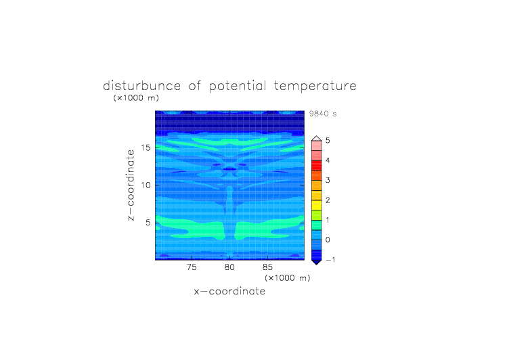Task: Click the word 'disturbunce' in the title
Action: click(141, 86)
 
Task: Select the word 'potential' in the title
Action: click(238, 87)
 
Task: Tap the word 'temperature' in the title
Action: click(315, 87)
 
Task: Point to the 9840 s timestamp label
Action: click(323, 114)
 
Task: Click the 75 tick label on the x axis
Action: click(192, 267)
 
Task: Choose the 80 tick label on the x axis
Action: click(229, 267)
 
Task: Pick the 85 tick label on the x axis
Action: click(267, 267)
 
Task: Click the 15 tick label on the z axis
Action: click(146, 148)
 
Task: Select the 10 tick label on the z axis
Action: click(146, 185)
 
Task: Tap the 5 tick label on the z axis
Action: click(148, 223)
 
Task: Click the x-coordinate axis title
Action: click(229, 291)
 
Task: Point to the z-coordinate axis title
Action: click(131, 185)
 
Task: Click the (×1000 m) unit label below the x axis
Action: click(288, 278)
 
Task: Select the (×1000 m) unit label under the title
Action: click(136, 97)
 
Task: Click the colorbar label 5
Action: click(328, 141)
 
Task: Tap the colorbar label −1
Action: click(330, 260)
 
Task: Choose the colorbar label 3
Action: click(328, 180)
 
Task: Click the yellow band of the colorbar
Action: click(317, 205)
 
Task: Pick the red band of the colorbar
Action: click(317, 166)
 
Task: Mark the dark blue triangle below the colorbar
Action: click(317, 262)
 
